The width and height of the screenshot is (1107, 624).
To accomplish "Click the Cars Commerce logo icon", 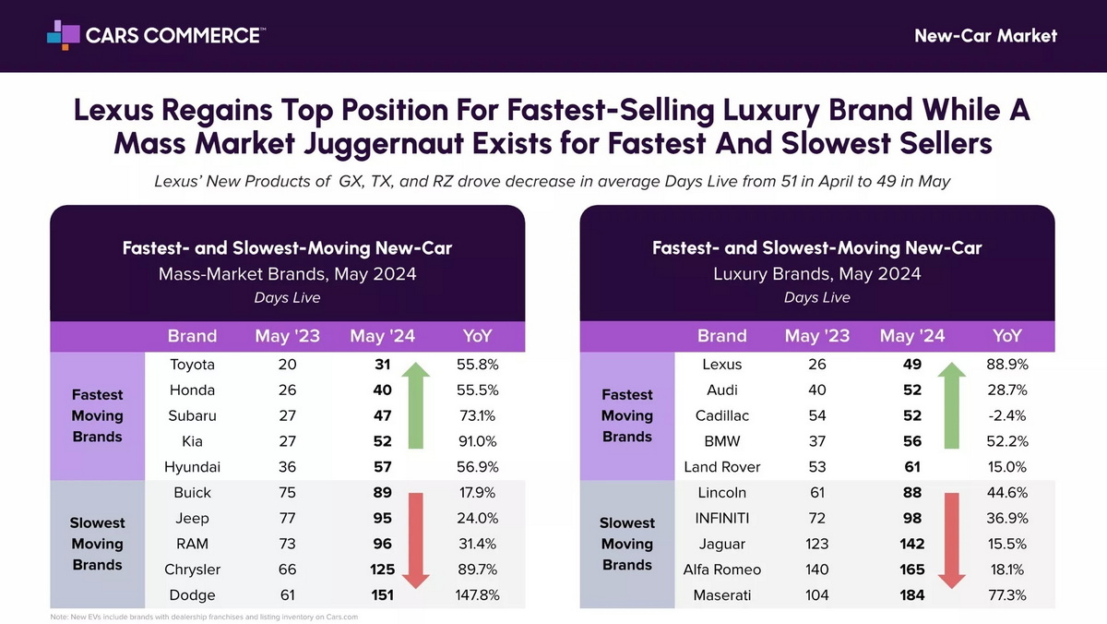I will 63,35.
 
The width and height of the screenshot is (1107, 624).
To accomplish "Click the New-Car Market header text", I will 985,36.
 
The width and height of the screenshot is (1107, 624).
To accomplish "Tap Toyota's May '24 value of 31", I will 383,365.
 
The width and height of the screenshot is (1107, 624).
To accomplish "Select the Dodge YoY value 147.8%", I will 478,595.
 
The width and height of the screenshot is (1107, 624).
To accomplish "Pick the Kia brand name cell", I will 193,441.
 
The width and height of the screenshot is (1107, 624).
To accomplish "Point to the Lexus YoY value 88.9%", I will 1007,365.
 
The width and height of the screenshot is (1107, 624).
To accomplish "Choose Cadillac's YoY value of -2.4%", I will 1007,415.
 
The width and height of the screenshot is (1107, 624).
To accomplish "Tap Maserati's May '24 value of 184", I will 912,595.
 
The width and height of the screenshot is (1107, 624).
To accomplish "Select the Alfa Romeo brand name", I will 722,570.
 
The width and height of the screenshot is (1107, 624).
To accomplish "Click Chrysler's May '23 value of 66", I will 288,570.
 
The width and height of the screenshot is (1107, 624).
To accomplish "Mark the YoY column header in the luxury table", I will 1007,336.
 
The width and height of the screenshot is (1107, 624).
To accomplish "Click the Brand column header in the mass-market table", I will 192,336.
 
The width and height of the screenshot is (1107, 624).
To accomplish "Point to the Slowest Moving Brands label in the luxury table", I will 627,544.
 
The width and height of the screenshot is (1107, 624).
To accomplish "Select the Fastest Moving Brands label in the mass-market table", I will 98,415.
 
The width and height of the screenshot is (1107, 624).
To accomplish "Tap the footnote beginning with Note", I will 204,617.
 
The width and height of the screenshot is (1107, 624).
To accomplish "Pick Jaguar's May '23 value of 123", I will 817,544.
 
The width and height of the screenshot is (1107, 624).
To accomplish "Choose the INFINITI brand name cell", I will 722,518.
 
